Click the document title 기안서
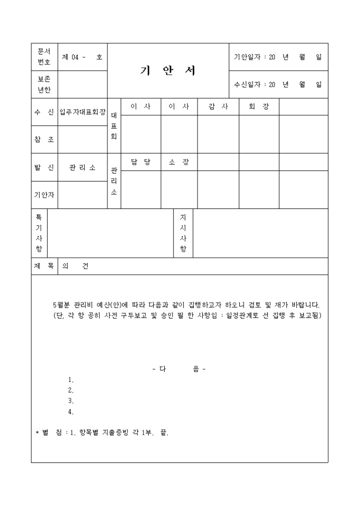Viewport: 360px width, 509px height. (x=168, y=71)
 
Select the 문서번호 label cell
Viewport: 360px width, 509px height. (x=44, y=57)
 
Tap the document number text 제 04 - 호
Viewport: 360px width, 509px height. (x=82, y=57)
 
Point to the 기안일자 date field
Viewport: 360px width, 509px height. (x=277, y=57)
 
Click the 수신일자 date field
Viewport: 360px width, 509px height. (x=277, y=84)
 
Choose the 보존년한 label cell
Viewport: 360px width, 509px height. (x=44, y=85)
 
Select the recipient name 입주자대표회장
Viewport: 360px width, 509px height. (x=83, y=112)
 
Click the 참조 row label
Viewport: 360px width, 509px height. (x=44, y=140)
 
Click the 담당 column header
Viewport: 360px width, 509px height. (x=141, y=162)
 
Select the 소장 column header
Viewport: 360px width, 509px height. (x=179, y=162)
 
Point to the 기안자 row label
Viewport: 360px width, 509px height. (x=44, y=195)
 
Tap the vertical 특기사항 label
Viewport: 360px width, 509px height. (x=39, y=233)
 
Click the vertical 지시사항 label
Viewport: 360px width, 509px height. (x=183, y=233)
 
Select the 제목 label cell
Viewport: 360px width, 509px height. (x=43, y=266)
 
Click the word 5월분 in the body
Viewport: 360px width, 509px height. (x=62, y=305)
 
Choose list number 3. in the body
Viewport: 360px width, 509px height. (x=71, y=401)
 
